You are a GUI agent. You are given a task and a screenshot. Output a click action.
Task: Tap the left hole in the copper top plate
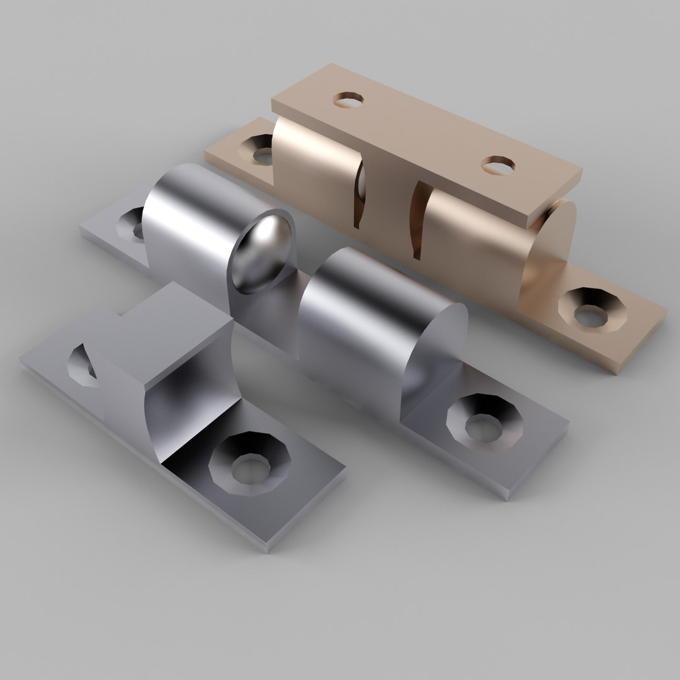pyautogui.click(x=348, y=100)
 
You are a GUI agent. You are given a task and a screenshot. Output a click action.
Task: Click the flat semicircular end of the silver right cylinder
pyautogui.click(x=434, y=353)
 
